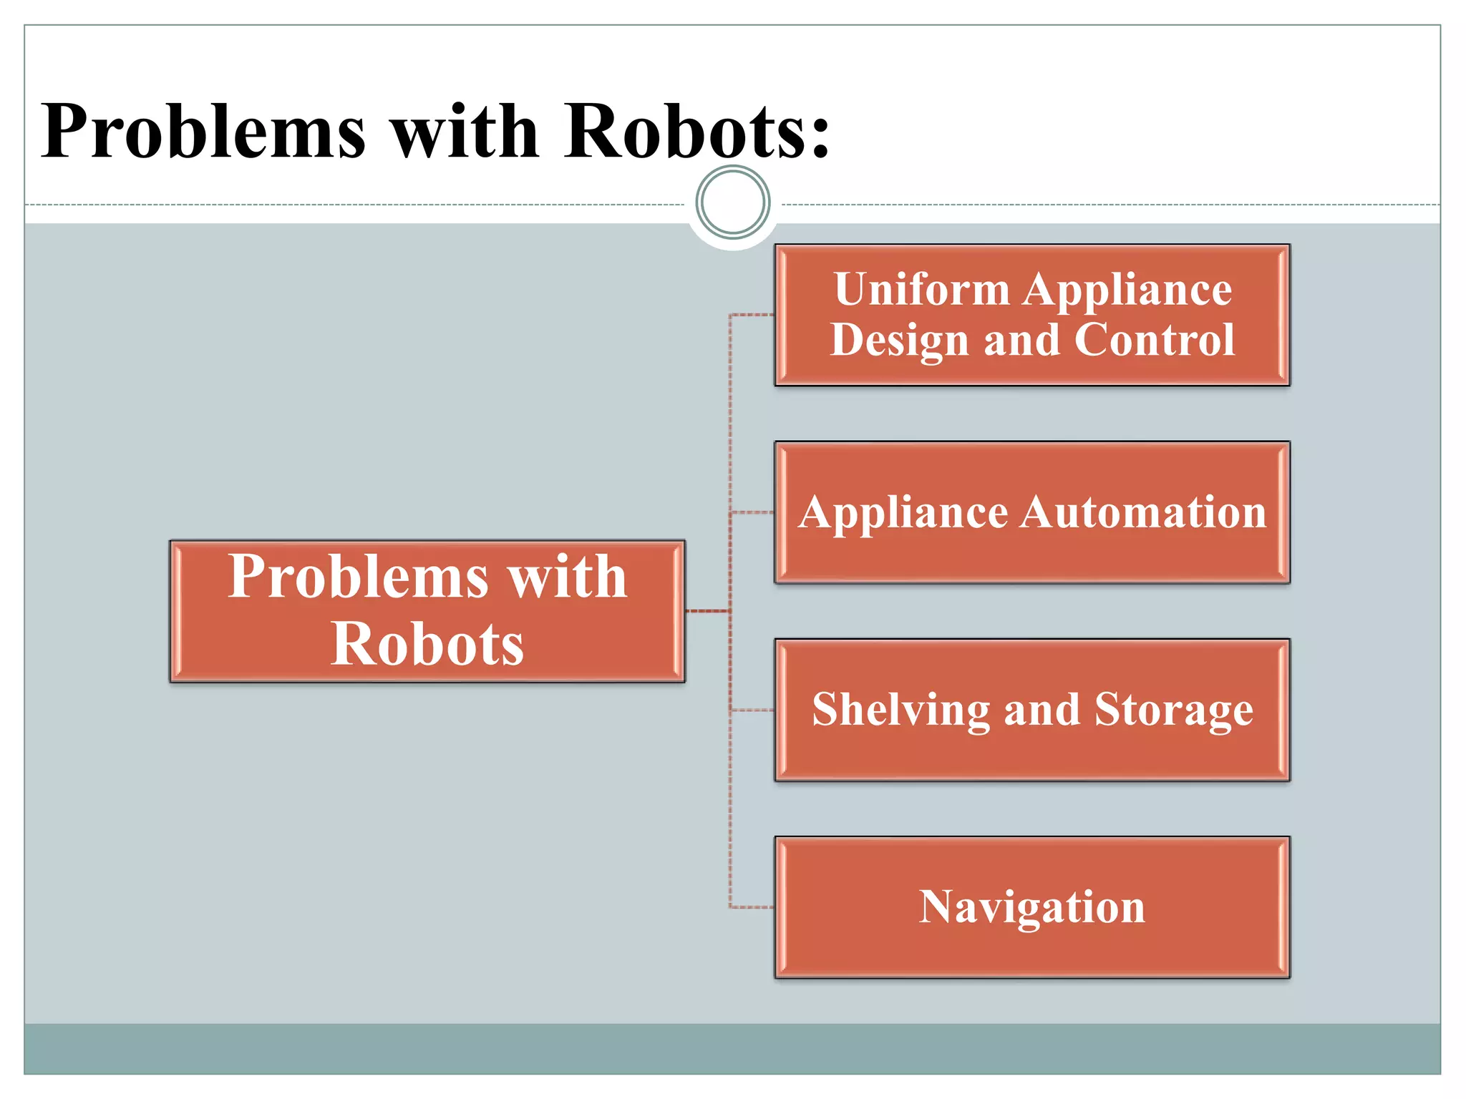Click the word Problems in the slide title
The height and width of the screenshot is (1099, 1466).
(x=204, y=132)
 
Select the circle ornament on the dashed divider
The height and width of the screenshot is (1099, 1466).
(x=733, y=202)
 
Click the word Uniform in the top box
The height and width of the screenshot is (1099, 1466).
(x=922, y=290)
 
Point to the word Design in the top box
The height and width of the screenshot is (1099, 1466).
(x=900, y=341)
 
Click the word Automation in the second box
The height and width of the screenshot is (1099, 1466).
(x=1143, y=512)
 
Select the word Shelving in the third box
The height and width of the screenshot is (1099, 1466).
(x=901, y=710)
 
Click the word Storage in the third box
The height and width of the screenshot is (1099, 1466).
(x=1174, y=710)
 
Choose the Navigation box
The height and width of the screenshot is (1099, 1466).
(x=1031, y=907)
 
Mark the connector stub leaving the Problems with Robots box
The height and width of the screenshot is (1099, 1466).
(x=707, y=611)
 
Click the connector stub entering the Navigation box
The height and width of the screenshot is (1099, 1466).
(x=752, y=907)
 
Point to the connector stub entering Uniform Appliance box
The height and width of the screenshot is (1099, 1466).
(x=752, y=315)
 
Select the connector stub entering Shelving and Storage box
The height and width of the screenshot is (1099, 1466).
(x=752, y=710)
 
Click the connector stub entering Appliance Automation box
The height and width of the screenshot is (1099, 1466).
(x=752, y=512)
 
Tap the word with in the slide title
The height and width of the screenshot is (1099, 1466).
(x=465, y=132)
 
